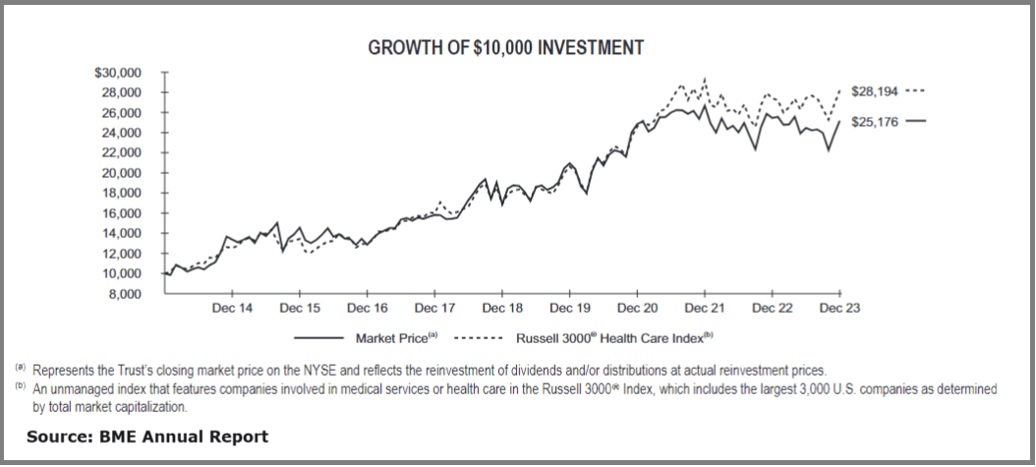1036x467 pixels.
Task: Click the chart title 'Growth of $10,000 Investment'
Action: coord(505,47)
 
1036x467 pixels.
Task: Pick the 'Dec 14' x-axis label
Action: coord(232,308)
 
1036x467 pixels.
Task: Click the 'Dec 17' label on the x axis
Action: coord(433,308)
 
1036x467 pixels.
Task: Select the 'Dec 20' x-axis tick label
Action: coord(637,308)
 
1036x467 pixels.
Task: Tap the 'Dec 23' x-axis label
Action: coord(839,308)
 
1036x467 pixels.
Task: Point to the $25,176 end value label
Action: coord(874,121)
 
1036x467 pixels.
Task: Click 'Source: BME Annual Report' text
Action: coord(147,436)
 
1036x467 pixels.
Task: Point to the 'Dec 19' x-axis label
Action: coord(569,308)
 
